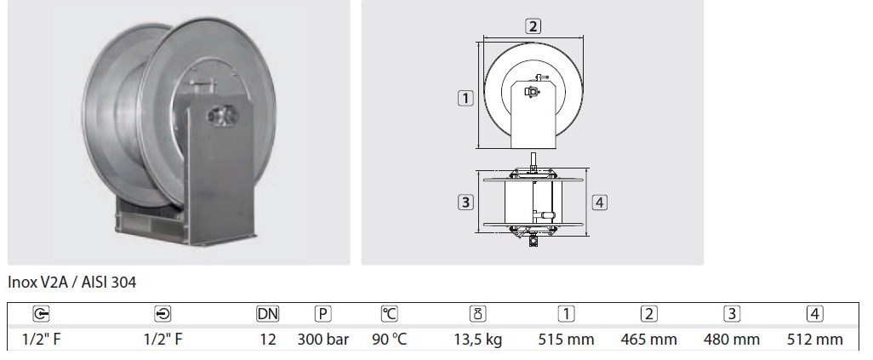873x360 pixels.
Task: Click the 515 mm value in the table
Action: coord(566,339)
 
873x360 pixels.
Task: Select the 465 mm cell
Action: coord(648,339)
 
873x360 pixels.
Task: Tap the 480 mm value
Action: coord(732,339)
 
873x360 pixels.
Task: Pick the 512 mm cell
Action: coord(814,339)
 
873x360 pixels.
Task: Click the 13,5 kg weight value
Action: coord(477,339)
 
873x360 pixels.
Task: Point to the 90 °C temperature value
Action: coord(389,339)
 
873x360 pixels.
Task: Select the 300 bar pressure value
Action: coord(323,339)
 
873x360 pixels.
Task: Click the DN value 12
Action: coord(268,339)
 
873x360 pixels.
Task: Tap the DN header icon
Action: coord(268,314)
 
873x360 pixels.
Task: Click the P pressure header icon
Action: coord(323,314)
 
